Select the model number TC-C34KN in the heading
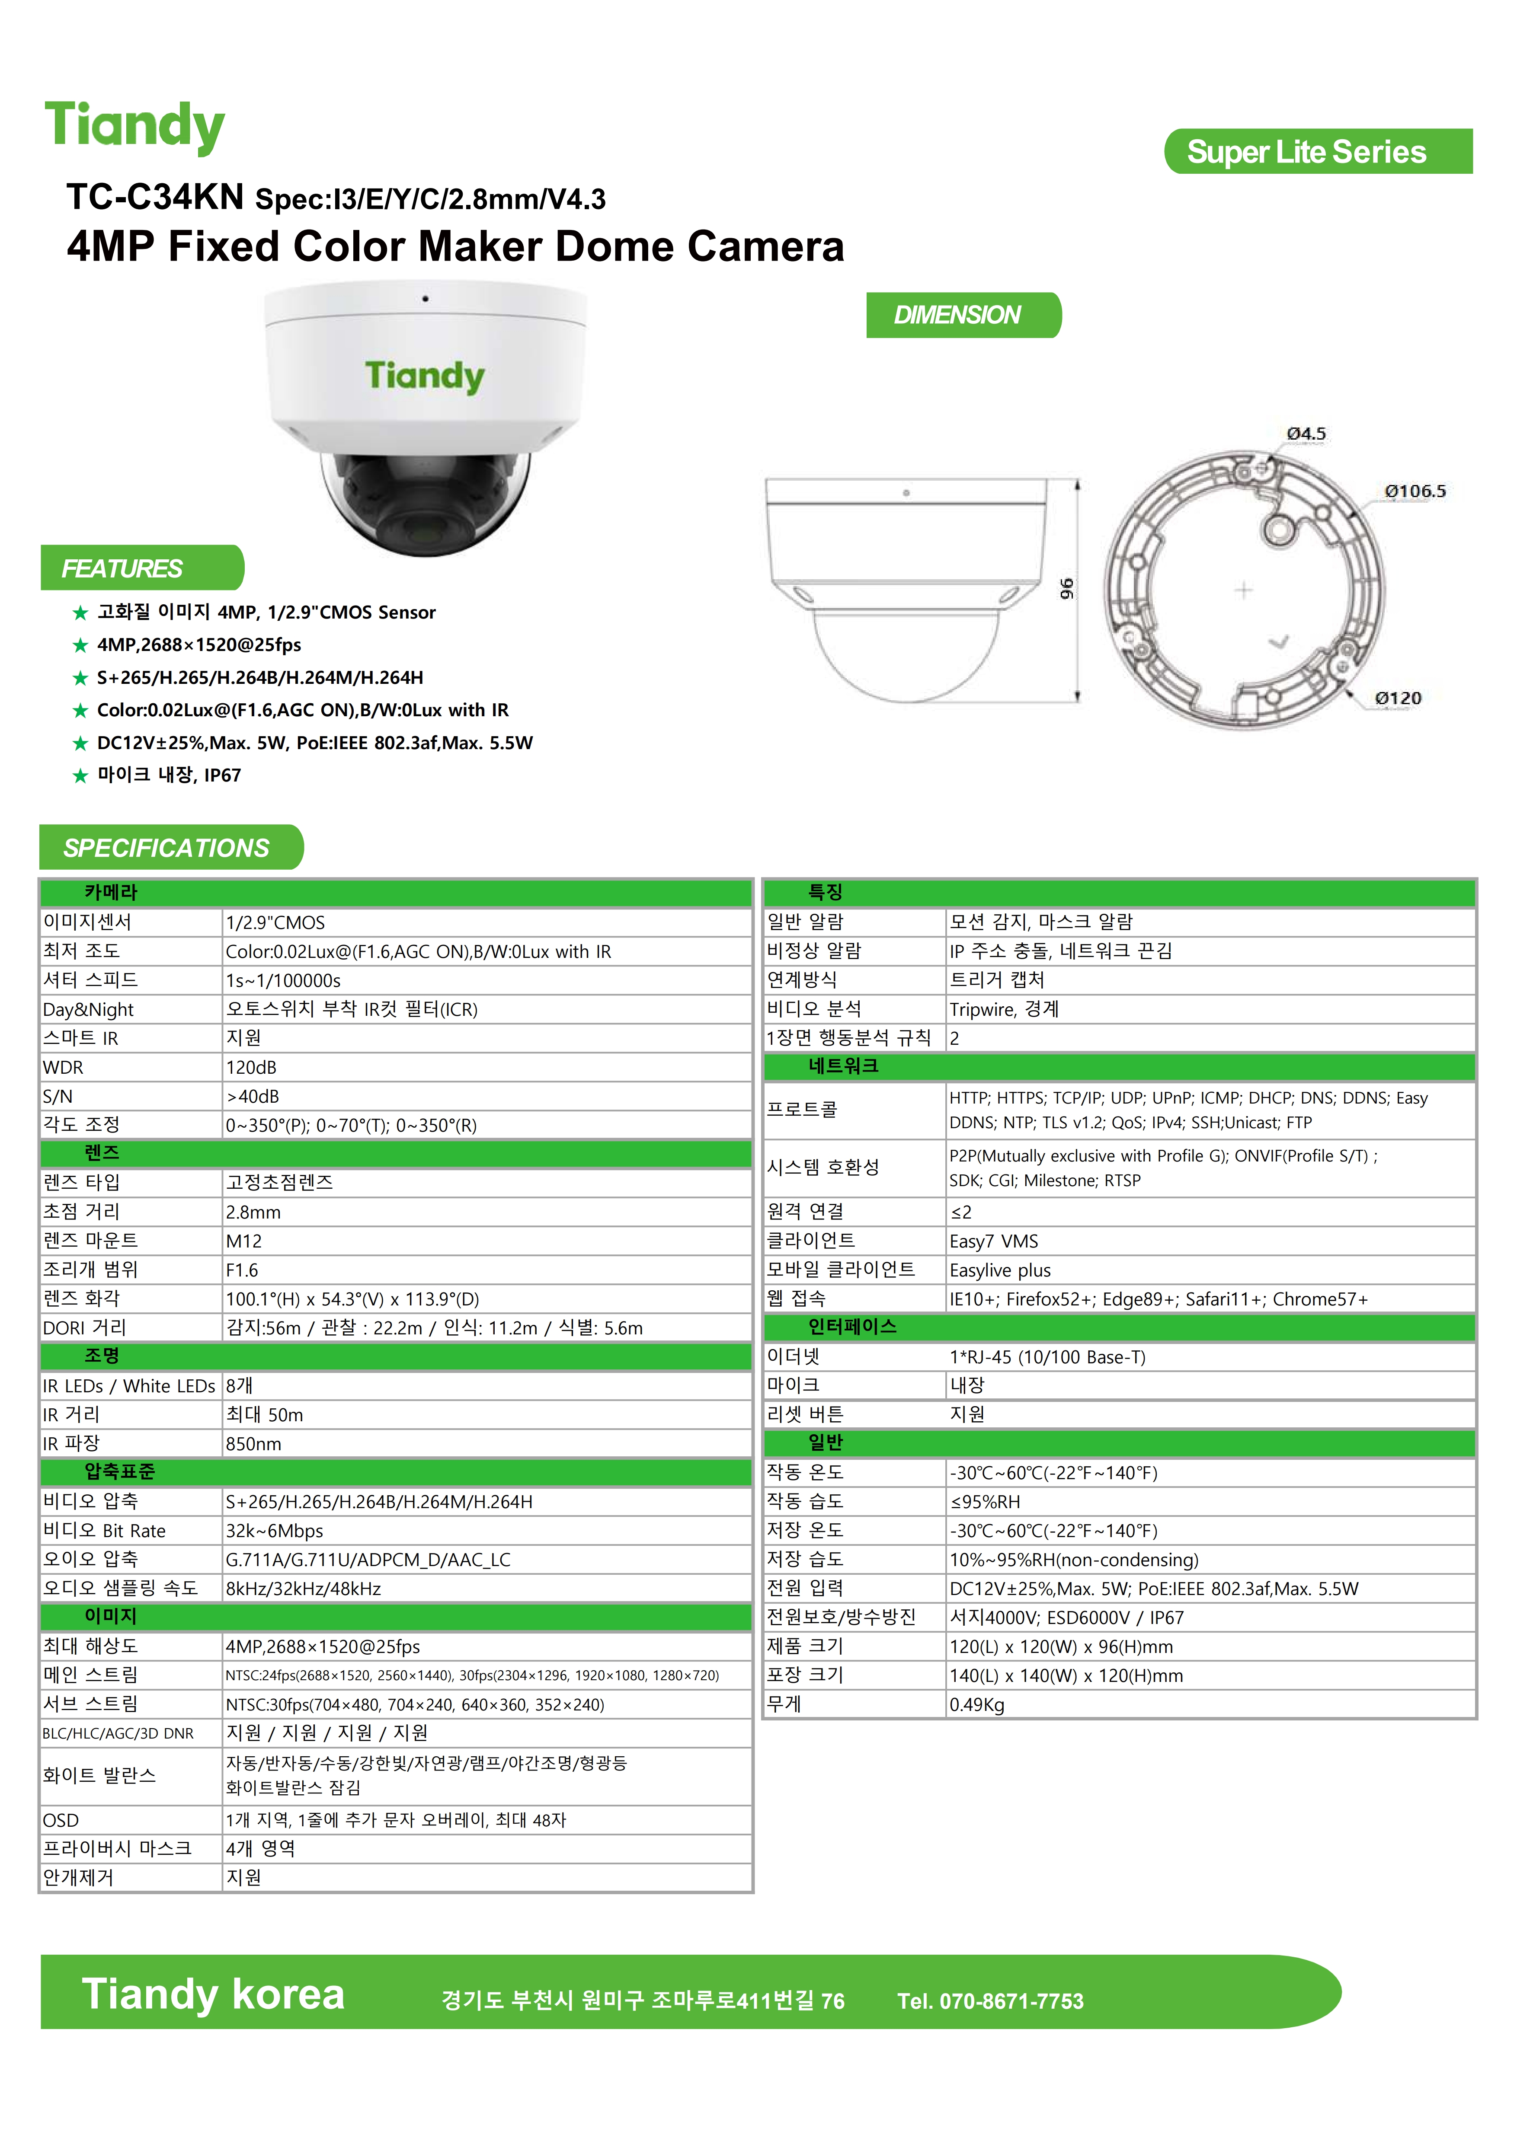(x=155, y=197)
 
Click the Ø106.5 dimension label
(x=1414, y=491)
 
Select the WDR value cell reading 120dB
(x=251, y=1067)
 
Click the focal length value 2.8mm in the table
(x=253, y=1212)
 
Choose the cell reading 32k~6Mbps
(x=275, y=1531)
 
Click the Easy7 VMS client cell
(x=994, y=1241)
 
